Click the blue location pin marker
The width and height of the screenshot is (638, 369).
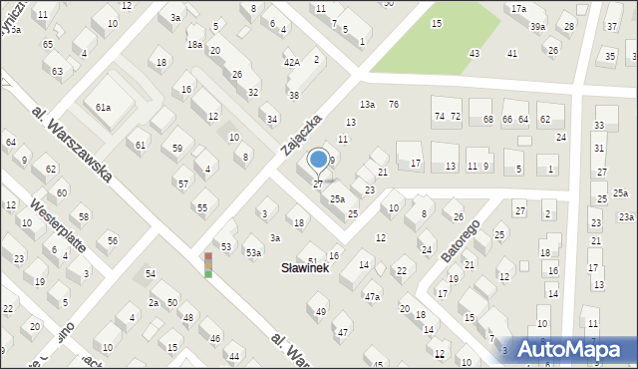click(318, 161)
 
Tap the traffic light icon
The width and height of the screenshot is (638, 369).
click(208, 264)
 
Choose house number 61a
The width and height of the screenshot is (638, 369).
click(103, 107)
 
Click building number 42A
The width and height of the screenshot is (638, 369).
click(292, 62)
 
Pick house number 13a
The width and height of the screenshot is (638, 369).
click(367, 105)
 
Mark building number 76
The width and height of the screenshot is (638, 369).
click(394, 105)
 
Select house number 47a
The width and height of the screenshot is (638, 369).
click(372, 296)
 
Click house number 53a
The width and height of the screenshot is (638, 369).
click(254, 253)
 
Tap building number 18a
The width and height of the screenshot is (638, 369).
click(194, 45)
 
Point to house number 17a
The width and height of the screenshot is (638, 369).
click(518, 9)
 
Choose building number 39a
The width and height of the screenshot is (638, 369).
click(537, 27)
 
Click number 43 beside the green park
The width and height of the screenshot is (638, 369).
click(475, 53)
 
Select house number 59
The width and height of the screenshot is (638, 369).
click(177, 149)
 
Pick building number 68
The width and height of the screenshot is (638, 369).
click(487, 120)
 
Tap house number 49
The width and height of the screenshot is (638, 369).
click(321, 312)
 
